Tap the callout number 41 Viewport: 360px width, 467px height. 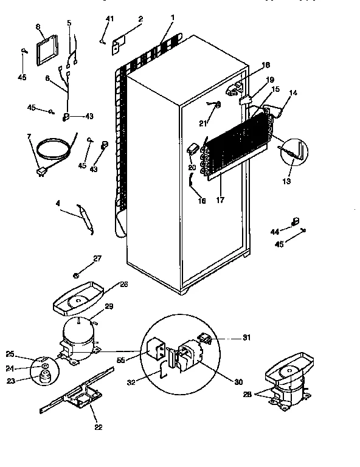pos(110,20)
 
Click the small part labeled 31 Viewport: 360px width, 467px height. pos(207,338)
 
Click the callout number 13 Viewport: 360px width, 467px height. pos(288,181)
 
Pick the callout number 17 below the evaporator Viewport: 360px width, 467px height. pos(219,200)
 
